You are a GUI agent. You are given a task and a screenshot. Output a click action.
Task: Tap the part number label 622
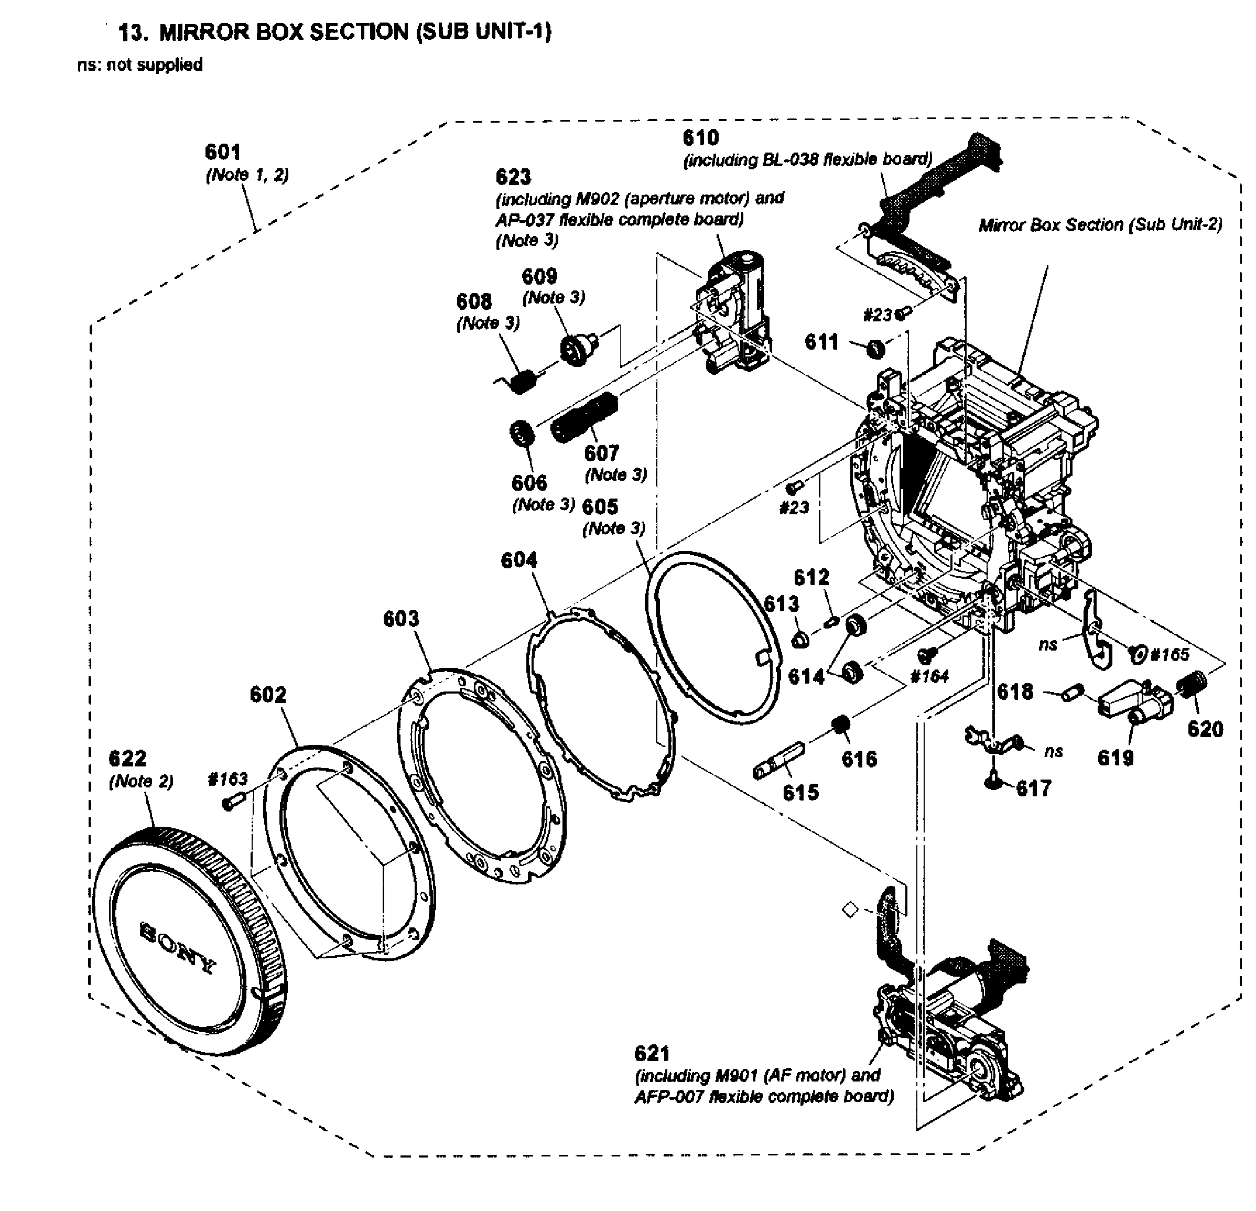[127, 759]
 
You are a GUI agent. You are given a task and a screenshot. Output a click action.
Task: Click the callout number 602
[267, 695]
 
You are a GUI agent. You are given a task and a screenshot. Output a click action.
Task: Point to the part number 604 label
[518, 560]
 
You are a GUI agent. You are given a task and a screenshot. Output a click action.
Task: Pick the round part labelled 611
[875, 349]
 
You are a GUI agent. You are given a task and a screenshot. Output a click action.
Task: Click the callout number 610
[700, 138]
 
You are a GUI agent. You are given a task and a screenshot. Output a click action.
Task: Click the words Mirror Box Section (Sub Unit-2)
[1100, 225]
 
